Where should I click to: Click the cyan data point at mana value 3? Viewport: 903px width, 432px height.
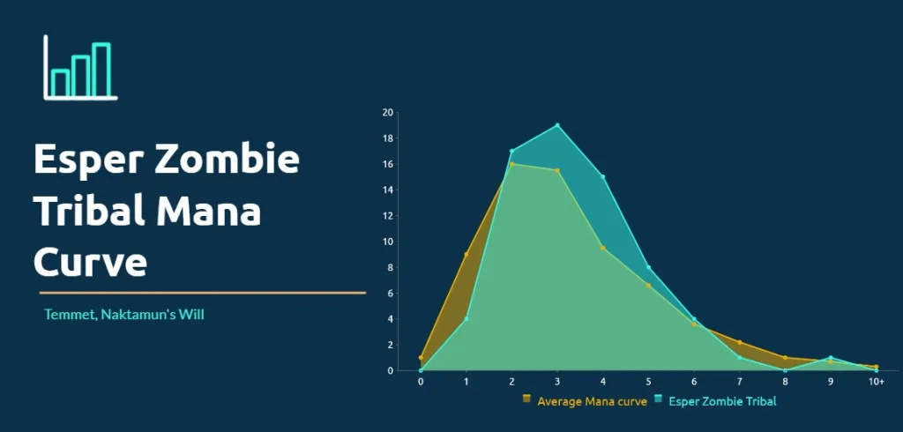(x=557, y=125)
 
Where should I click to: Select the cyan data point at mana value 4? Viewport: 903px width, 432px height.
(x=603, y=177)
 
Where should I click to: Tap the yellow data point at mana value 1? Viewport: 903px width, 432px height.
(x=466, y=254)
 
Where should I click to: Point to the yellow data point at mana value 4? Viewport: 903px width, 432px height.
(x=603, y=248)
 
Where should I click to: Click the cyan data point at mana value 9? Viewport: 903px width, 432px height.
(x=831, y=358)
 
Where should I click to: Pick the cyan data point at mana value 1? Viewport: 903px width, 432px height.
(x=466, y=318)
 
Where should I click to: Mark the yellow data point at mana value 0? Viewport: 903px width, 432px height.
(x=421, y=358)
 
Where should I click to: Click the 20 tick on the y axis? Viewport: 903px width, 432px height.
(x=387, y=112)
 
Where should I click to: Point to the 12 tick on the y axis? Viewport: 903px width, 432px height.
(x=387, y=215)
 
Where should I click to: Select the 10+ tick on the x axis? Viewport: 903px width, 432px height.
(x=876, y=382)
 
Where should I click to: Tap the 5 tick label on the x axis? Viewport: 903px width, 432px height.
(x=648, y=382)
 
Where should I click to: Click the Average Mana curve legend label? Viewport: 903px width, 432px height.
(x=592, y=401)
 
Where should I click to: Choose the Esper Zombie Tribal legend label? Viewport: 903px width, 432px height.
(x=722, y=401)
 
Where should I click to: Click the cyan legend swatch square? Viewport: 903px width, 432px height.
(x=658, y=398)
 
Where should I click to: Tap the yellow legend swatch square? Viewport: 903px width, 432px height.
(x=526, y=398)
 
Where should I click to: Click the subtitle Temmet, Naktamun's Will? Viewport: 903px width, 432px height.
(x=123, y=315)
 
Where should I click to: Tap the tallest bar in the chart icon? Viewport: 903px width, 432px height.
(x=101, y=70)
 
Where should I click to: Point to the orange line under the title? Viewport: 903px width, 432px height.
(x=203, y=293)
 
